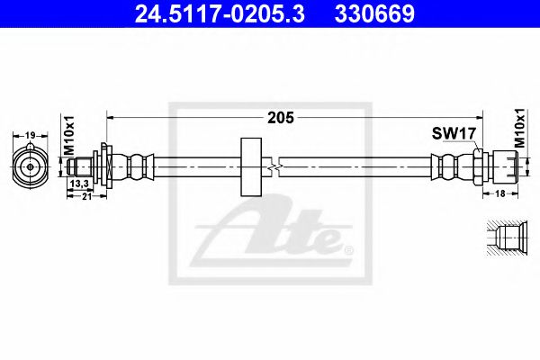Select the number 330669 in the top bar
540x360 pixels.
pyautogui.click(x=376, y=13)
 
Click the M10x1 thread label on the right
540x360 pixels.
pyautogui.click(x=519, y=127)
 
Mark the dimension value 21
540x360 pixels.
pyautogui.click(x=86, y=198)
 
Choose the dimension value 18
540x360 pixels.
pyautogui.click(x=499, y=193)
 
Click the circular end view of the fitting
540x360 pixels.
pyautogui.click(x=31, y=166)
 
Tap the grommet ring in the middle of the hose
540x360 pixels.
pyautogui.click(x=249, y=167)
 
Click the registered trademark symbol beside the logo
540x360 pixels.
pyautogui.click(x=349, y=249)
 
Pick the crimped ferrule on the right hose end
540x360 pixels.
pyautogui.click(x=447, y=166)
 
